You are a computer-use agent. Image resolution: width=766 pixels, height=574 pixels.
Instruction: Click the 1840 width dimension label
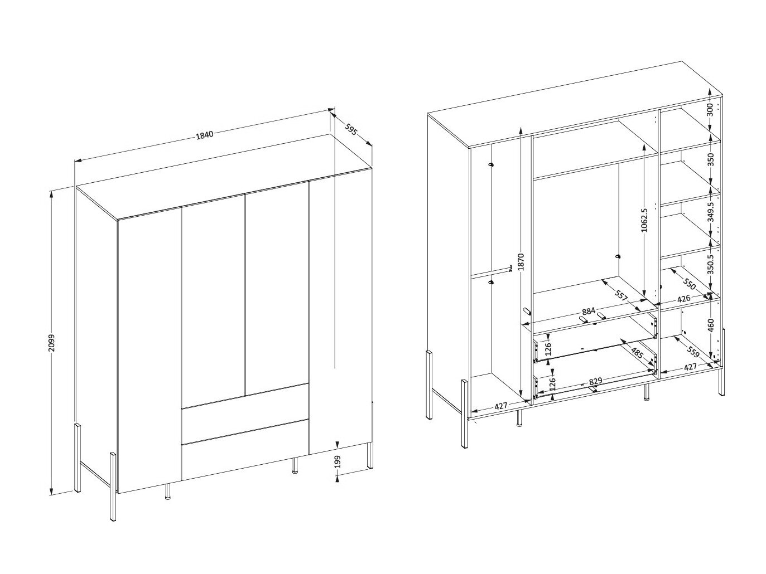point(205,135)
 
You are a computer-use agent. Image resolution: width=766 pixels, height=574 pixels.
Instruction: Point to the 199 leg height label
point(337,462)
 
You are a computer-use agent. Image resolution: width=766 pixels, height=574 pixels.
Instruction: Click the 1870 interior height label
point(521,262)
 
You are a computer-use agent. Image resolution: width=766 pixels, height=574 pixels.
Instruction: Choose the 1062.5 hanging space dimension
point(644,220)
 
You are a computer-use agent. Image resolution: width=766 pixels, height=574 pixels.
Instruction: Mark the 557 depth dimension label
point(622,295)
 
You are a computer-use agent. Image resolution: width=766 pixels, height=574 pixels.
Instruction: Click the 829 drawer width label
point(595,381)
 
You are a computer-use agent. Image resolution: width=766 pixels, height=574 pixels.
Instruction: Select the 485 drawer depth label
point(637,353)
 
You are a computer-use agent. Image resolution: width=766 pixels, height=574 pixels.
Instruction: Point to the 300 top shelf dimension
point(710,110)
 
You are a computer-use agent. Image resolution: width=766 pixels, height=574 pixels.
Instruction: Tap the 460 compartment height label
point(711,325)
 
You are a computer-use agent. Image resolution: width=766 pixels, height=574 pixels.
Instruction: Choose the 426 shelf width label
point(683,299)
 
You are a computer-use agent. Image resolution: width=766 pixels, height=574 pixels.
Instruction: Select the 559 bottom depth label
point(693,352)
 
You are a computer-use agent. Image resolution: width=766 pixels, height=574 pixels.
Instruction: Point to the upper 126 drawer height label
point(548,349)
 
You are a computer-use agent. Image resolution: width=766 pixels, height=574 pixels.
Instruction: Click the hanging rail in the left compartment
point(492,272)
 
